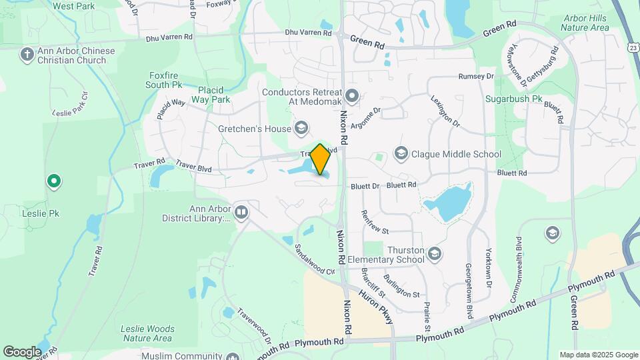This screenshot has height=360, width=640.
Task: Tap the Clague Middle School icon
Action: point(401,155)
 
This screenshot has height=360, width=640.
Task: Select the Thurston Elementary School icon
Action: point(435,253)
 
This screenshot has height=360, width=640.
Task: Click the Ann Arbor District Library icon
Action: point(241,213)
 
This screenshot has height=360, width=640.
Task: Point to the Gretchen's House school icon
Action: point(301,128)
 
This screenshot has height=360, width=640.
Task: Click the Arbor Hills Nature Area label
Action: point(585,23)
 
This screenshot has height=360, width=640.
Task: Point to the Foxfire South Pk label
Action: point(164,80)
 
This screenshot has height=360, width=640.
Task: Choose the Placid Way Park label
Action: point(214,95)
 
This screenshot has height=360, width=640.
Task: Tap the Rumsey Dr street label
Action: point(476,77)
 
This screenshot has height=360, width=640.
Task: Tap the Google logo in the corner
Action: point(22,351)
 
